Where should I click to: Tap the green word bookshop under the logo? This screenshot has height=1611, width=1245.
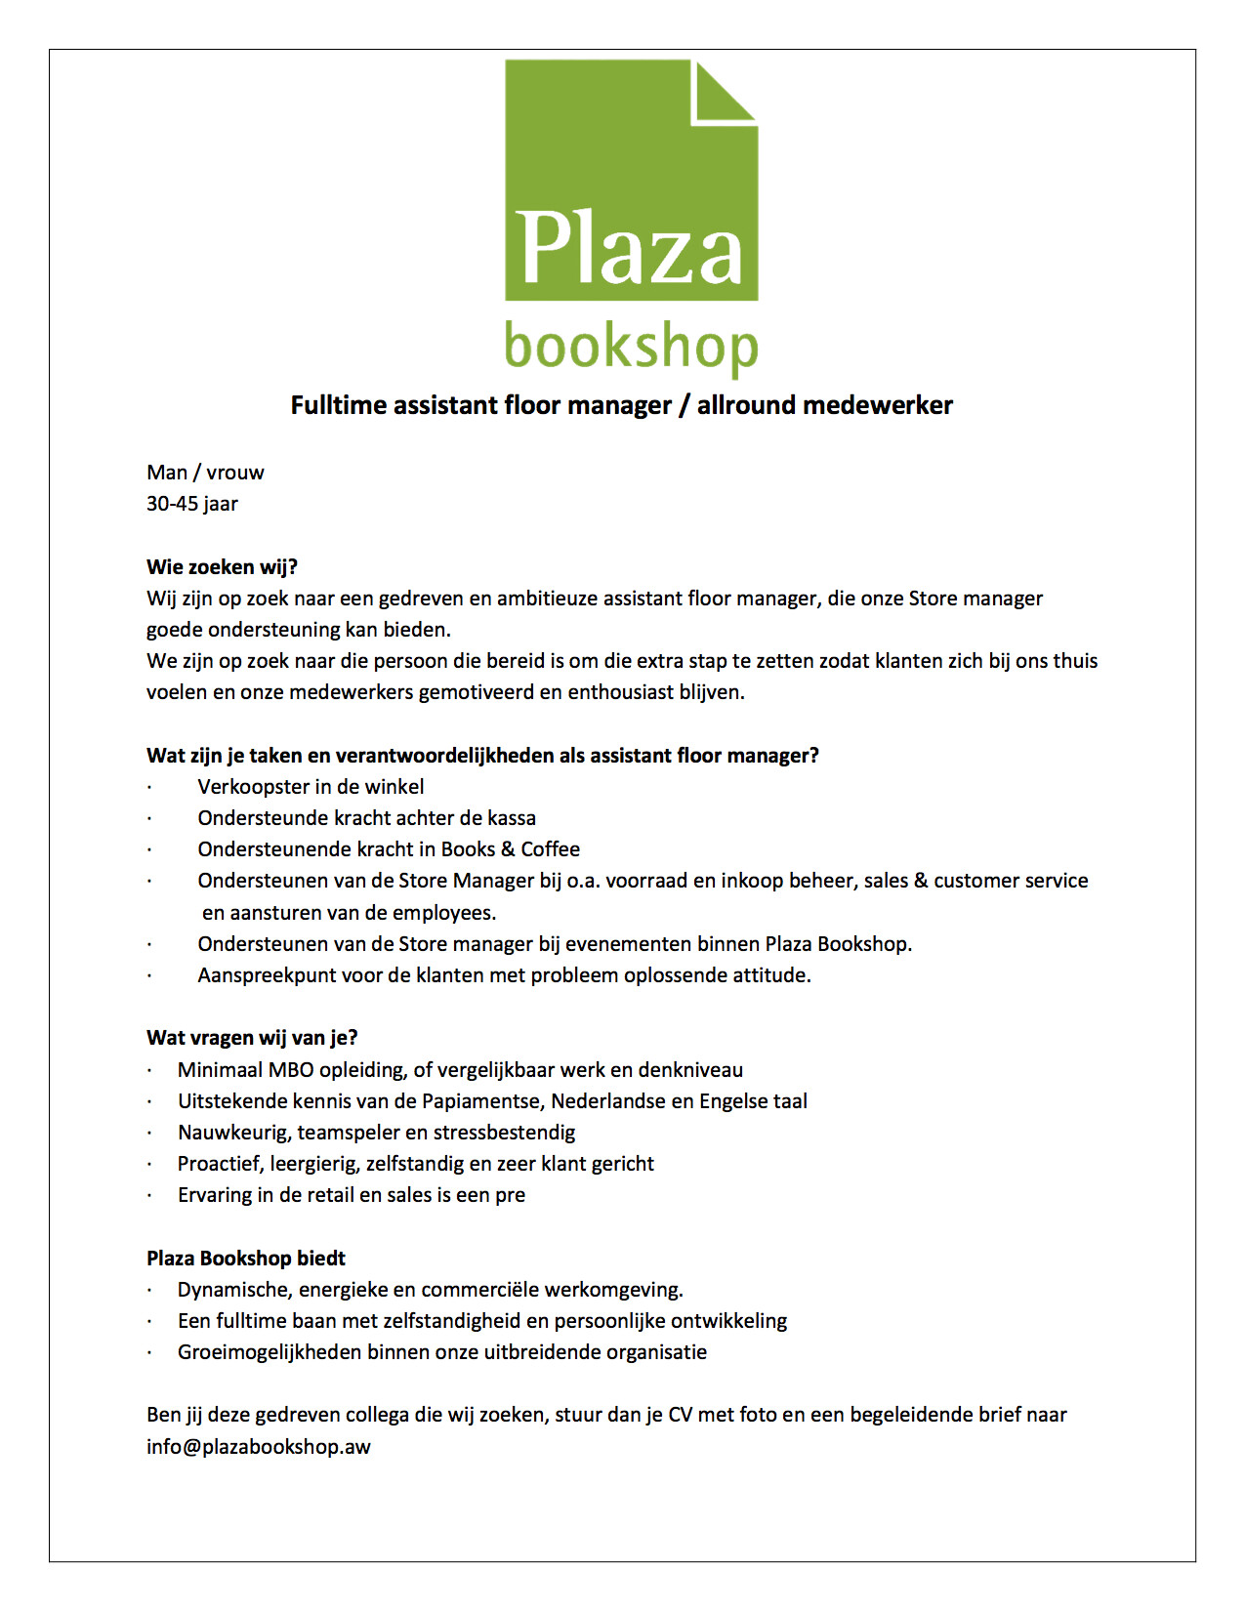pyautogui.click(x=631, y=348)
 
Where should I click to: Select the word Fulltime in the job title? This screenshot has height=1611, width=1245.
pyautogui.click(x=338, y=405)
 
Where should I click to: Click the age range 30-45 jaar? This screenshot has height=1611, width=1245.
pyautogui.click(x=192, y=504)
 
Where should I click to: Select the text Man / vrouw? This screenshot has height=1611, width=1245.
pyautogui.click(x=205, y=473)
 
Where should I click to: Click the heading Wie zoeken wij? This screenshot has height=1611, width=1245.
pyautogui.click(x=222, y=567)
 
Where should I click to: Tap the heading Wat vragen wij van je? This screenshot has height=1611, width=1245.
pyautogui.click(x=252, y=1038)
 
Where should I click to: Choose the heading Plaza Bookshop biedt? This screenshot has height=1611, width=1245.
pyautogui.click(x=246, y=1259)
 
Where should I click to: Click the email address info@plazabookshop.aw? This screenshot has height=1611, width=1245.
pyautogui.click(x=259, y=1447)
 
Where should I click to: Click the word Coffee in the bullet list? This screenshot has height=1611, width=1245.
pyautogui.click(x=550, y=849)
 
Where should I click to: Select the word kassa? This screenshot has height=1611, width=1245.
pyautogui.click(x=512, y=818)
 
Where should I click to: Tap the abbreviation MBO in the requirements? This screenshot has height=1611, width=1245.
pyautogui.click(x=291, y=1070)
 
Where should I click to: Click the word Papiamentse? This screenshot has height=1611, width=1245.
pyautogui.click(x=482, y=1101)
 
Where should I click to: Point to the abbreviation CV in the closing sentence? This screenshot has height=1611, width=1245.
pyautogui.click(x=680, y=1415)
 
